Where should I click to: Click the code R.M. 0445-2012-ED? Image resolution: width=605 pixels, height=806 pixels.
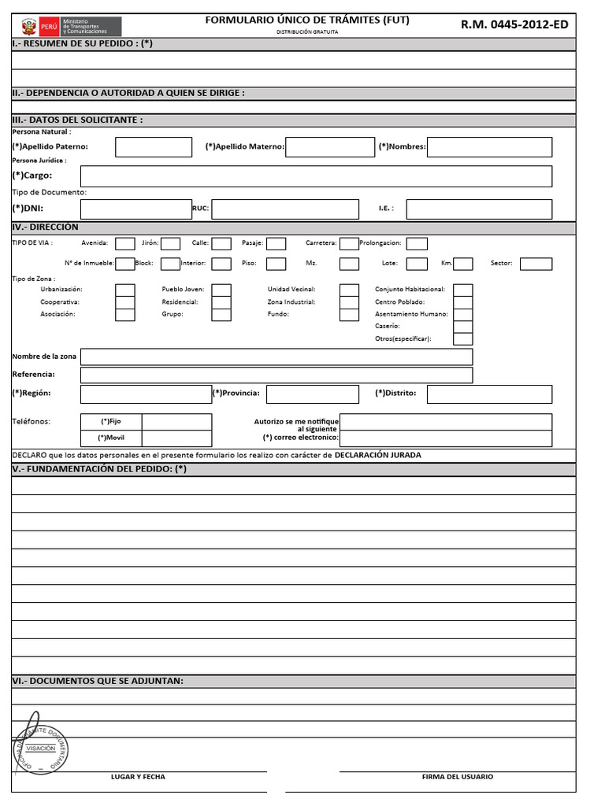(x=514, y=24)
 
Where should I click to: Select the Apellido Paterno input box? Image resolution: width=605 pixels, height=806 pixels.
(x=154, y=147)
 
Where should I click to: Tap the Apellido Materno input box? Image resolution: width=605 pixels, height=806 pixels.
(x=330, y=147)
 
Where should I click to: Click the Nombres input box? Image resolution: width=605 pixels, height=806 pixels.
(x=489, y=147)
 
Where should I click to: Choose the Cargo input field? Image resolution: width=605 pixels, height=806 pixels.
(x=316, y=176)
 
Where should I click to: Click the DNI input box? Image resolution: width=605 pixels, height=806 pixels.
(x=135, y=209)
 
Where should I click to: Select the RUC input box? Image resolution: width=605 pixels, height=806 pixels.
(x=284, y=209)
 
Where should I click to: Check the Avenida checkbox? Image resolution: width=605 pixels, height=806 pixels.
(x=124, y=243)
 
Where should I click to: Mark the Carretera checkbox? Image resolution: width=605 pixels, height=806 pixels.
(x=349, y=243)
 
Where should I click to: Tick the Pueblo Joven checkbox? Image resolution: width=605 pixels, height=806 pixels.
(x=221, y=290)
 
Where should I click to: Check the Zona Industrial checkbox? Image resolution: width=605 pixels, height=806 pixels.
(x=349, y=302)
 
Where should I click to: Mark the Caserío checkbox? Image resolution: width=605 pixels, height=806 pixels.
(x=463, y=327)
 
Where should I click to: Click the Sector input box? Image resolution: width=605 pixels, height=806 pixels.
(x=536, y=264)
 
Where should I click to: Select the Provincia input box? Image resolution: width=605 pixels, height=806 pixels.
(x=314, y=394)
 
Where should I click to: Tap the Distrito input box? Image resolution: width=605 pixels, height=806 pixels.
(x=488, y=394)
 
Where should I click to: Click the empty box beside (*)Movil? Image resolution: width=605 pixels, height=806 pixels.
(x=176, y=438)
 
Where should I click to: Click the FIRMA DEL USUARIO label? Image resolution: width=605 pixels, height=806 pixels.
(x=458, y=777)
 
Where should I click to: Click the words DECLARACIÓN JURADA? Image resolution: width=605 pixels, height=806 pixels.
(x=378, y=455)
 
